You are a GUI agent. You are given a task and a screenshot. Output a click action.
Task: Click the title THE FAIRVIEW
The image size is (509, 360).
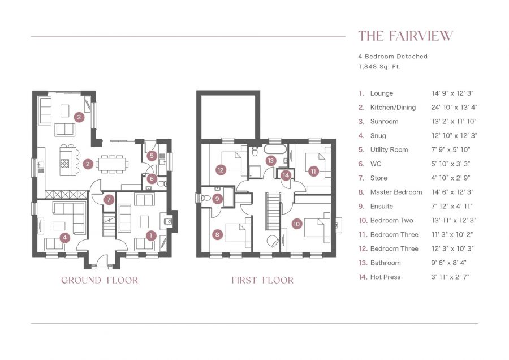pyautogui.click(x=406, y=36)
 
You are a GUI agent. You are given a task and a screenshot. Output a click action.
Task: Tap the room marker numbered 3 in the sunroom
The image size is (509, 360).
pyautogui.click(x=79, y=117)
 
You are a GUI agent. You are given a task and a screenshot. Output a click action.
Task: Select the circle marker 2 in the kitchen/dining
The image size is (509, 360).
pyautogui.click(x=88, y=164)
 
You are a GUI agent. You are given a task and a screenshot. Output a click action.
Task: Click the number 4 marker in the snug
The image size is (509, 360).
pyautogui.click(x=65, y=238)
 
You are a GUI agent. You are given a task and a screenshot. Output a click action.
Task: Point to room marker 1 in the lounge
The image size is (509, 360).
pyautogui.click(x=150, y=234)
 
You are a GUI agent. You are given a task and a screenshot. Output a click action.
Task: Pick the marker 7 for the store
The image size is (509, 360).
pyautogui.click(x=109, y=199)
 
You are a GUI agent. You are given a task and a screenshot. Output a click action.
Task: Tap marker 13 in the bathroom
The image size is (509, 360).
pyautogui.click(x=271, y=161)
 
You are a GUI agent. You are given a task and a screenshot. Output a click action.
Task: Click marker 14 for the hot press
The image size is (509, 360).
pyautogui.click(x=286, y=175)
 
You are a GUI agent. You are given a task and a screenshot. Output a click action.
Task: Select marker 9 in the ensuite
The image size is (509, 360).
pyautogui.click(x=218, y=199)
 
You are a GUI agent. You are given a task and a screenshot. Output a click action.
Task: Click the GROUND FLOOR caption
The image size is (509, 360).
pyautogui.click(x=100, y=280)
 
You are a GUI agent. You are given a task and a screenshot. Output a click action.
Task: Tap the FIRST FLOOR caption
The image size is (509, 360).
pyautogui.click(x=262, y=280)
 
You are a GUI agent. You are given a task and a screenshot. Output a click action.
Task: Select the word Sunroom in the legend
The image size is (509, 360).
pyautogui.click(x=384, y=122)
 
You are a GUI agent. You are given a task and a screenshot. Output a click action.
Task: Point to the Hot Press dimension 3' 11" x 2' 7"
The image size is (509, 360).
pyautogui.click(x=451, y=277)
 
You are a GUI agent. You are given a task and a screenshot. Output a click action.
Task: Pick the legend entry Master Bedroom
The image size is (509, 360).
pyautogui.click(x=396, y=192)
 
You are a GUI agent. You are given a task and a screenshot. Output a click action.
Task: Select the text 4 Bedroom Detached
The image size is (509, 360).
pyautogui.click(x=392, y=57)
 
